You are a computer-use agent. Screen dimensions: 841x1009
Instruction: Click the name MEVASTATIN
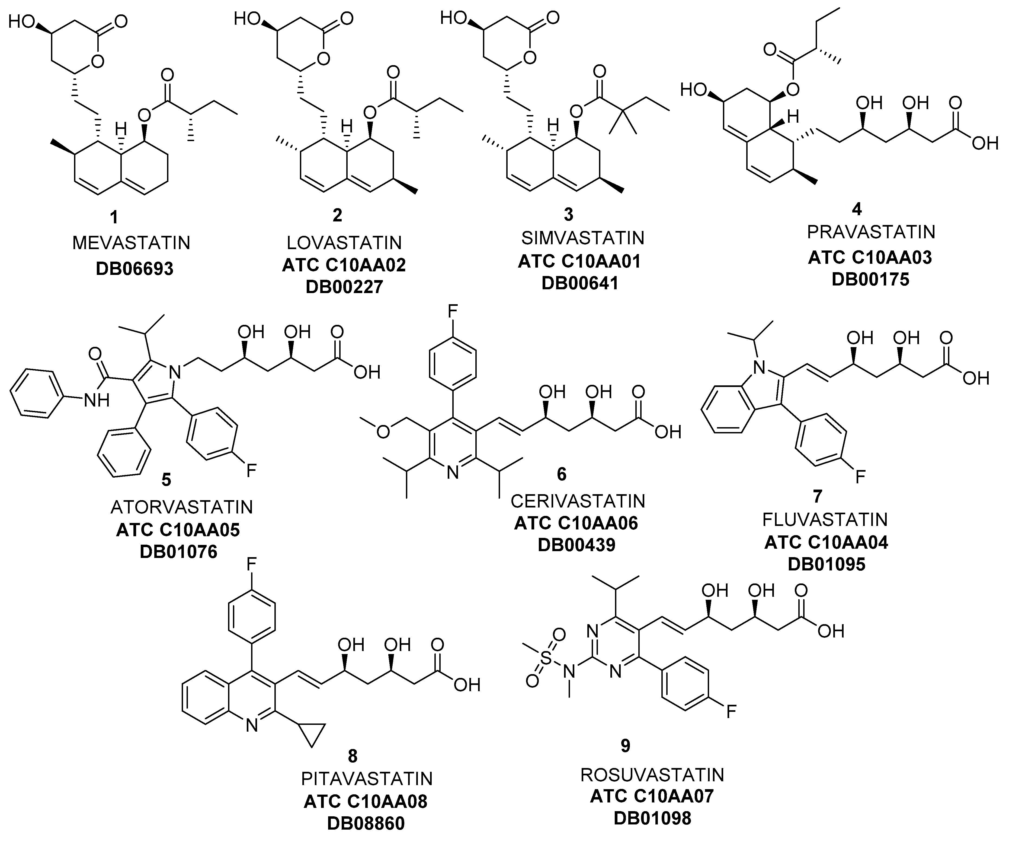(131, 243)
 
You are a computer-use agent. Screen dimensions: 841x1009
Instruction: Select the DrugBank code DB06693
(134, 268)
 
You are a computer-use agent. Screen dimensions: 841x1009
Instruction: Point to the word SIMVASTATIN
(582, 238)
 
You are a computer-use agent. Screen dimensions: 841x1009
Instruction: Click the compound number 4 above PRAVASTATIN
(856, 209)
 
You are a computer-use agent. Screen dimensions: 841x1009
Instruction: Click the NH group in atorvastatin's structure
(97, 399)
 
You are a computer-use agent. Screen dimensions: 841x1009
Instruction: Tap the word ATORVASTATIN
(182, 507)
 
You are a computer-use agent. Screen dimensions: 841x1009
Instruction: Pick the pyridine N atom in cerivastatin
(452, 474)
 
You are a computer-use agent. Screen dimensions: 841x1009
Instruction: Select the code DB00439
(576, 545)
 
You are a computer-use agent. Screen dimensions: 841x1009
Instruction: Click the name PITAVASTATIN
(367, 779)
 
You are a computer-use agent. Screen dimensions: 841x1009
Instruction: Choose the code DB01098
(652, 818)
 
